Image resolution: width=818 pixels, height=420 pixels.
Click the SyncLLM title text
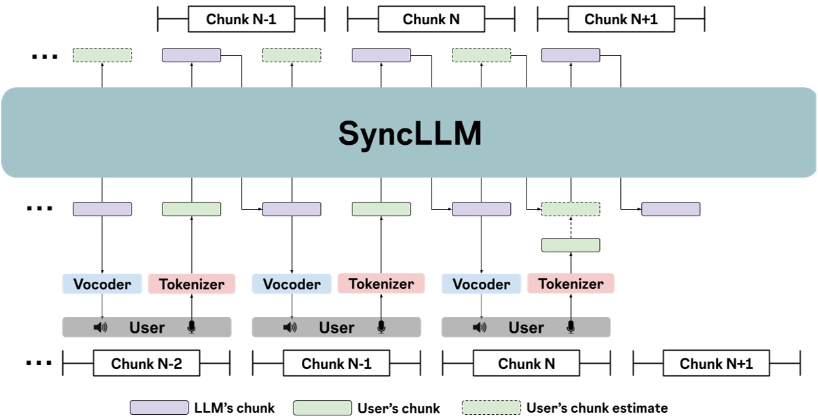[410, 134]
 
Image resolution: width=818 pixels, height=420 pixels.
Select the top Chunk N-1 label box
[241, 19]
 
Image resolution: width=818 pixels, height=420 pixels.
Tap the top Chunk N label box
[431, 19]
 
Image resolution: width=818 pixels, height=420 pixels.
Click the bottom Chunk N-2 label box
[146, 364]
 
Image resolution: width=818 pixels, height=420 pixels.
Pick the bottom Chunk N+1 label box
[716, 364]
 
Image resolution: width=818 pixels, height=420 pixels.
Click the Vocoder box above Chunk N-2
[102, 284]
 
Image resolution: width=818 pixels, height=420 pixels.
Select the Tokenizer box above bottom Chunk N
[570, 284]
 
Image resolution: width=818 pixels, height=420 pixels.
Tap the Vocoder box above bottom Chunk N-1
[291, 284]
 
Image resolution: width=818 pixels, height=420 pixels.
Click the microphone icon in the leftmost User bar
[191, 327]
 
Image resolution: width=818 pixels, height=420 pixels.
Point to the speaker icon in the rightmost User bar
[479, 327]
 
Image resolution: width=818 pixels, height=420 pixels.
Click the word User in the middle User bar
[337, 328]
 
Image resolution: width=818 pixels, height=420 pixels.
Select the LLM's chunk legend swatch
[159, 408]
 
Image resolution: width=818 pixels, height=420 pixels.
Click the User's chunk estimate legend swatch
[491, 408]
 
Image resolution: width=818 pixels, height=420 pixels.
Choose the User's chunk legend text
[399, 408]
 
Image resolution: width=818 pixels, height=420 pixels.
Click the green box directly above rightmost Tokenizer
[570, 245]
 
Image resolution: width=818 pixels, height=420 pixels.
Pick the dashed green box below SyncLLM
[570, 209]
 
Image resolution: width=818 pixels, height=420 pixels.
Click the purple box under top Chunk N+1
[570, 55]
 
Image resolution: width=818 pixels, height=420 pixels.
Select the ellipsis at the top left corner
[45, 57]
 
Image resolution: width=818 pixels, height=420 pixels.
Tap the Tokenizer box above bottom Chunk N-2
[191, 284]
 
